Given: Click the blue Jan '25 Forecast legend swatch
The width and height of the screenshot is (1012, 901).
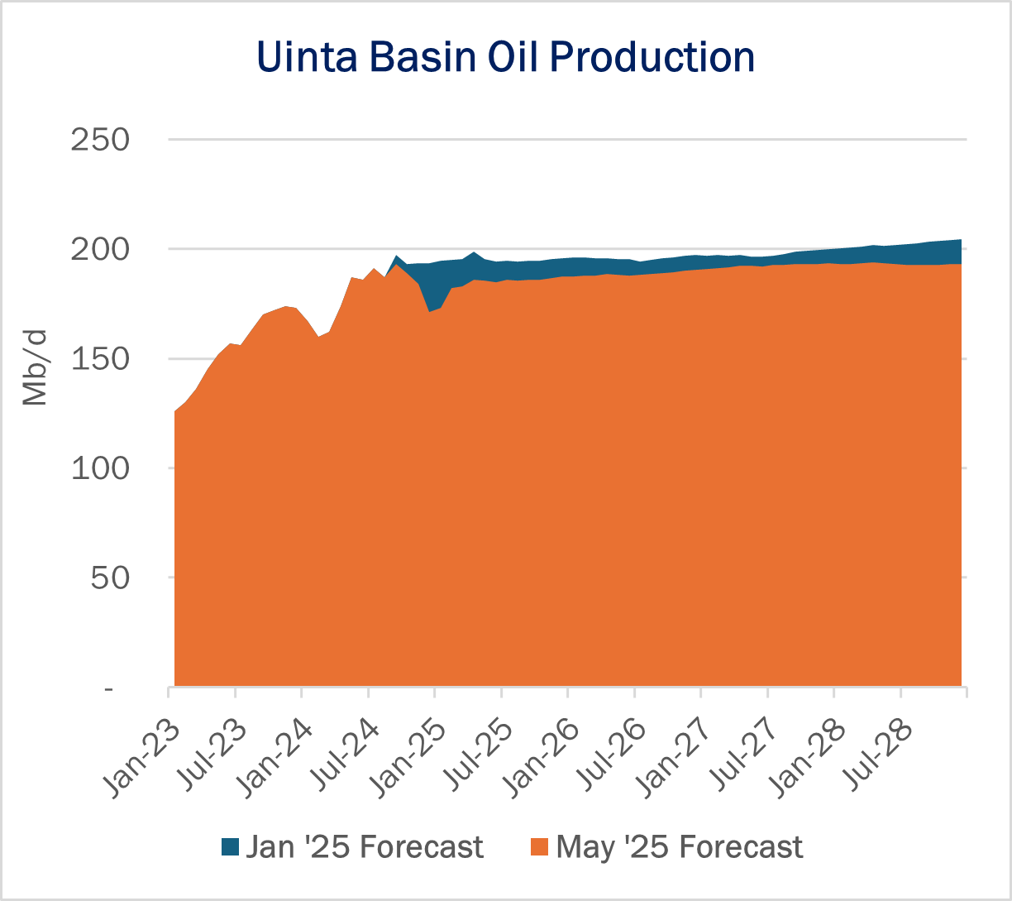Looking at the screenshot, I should coord(230,847).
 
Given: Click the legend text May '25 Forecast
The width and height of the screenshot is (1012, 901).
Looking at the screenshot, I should coord(680,847).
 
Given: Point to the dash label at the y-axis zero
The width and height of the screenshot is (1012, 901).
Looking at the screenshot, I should coord(110,688).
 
